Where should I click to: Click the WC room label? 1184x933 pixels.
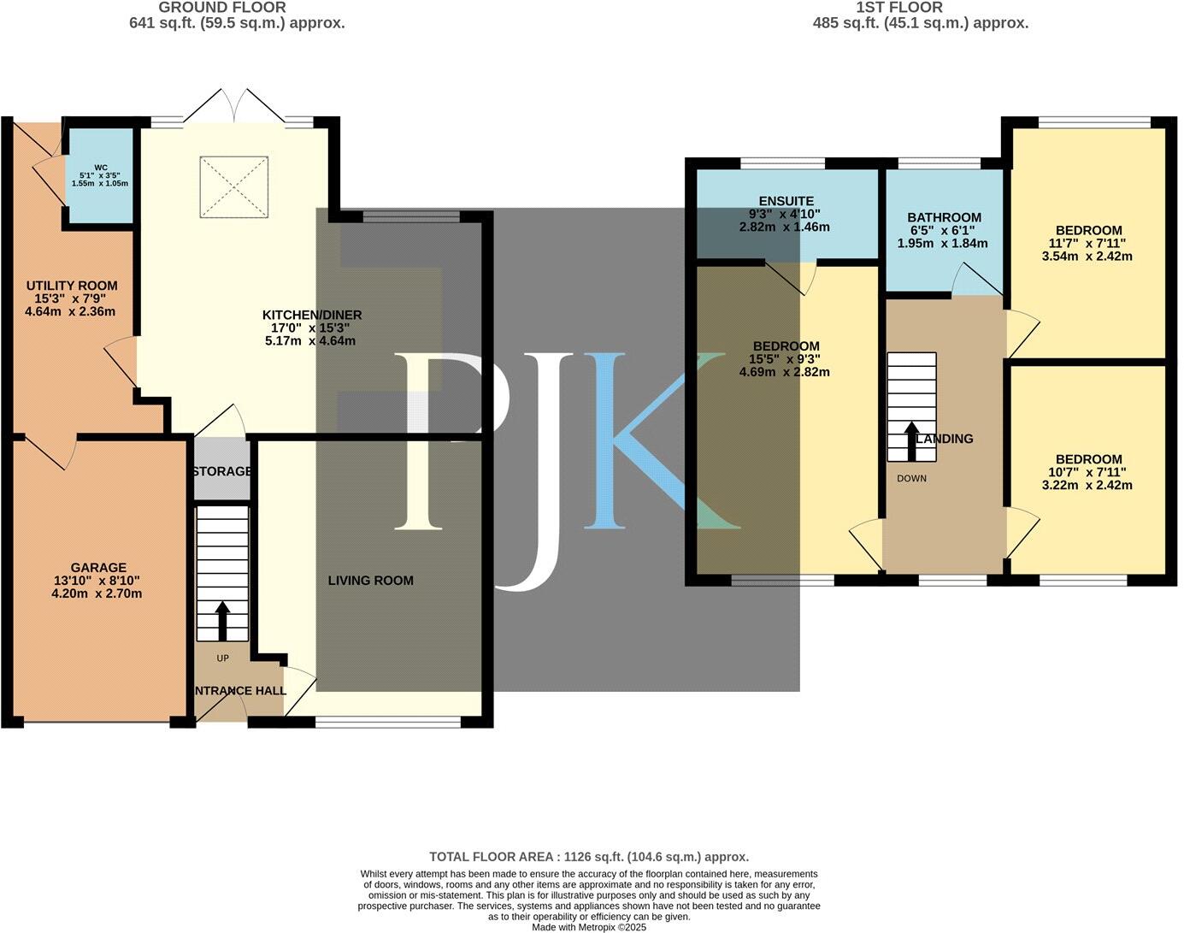pyautogui.click(x=101, y=168)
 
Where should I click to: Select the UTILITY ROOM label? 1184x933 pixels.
pyautogui.click(x=72, y=286)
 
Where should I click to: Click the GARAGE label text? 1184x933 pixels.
pyautogui.click(x=98, y=567)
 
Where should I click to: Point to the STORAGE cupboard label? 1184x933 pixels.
pyautogui.click(x=222, y=471)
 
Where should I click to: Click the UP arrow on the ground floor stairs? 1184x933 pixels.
pyautogui.click(x=222, y=621)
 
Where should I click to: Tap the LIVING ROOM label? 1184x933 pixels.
pyautogui.click(x=371, y=580)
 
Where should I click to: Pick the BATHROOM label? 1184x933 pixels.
pyautogui.click(x=945, y=217)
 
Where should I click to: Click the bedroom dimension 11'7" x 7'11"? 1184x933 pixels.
pyautogui.click(x=1088, y=243)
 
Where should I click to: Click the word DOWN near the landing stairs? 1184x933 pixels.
pyautogui.click(x=911, y=478)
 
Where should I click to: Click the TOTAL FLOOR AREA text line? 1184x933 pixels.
pyautogui.click(x=589, y=856)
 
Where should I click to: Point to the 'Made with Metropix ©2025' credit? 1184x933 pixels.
pyautogui.click(x=589, y=926)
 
